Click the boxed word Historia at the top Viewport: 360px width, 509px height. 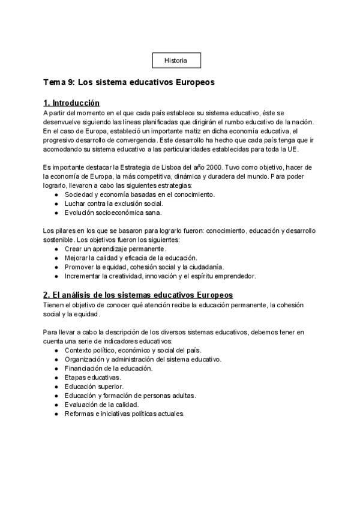175,61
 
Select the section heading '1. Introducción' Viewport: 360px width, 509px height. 71,103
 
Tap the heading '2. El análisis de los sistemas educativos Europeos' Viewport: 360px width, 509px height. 138,295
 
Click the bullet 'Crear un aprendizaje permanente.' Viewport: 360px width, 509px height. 115,248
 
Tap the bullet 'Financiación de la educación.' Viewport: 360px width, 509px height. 108,368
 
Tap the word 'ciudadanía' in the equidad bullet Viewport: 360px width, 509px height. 206,267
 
